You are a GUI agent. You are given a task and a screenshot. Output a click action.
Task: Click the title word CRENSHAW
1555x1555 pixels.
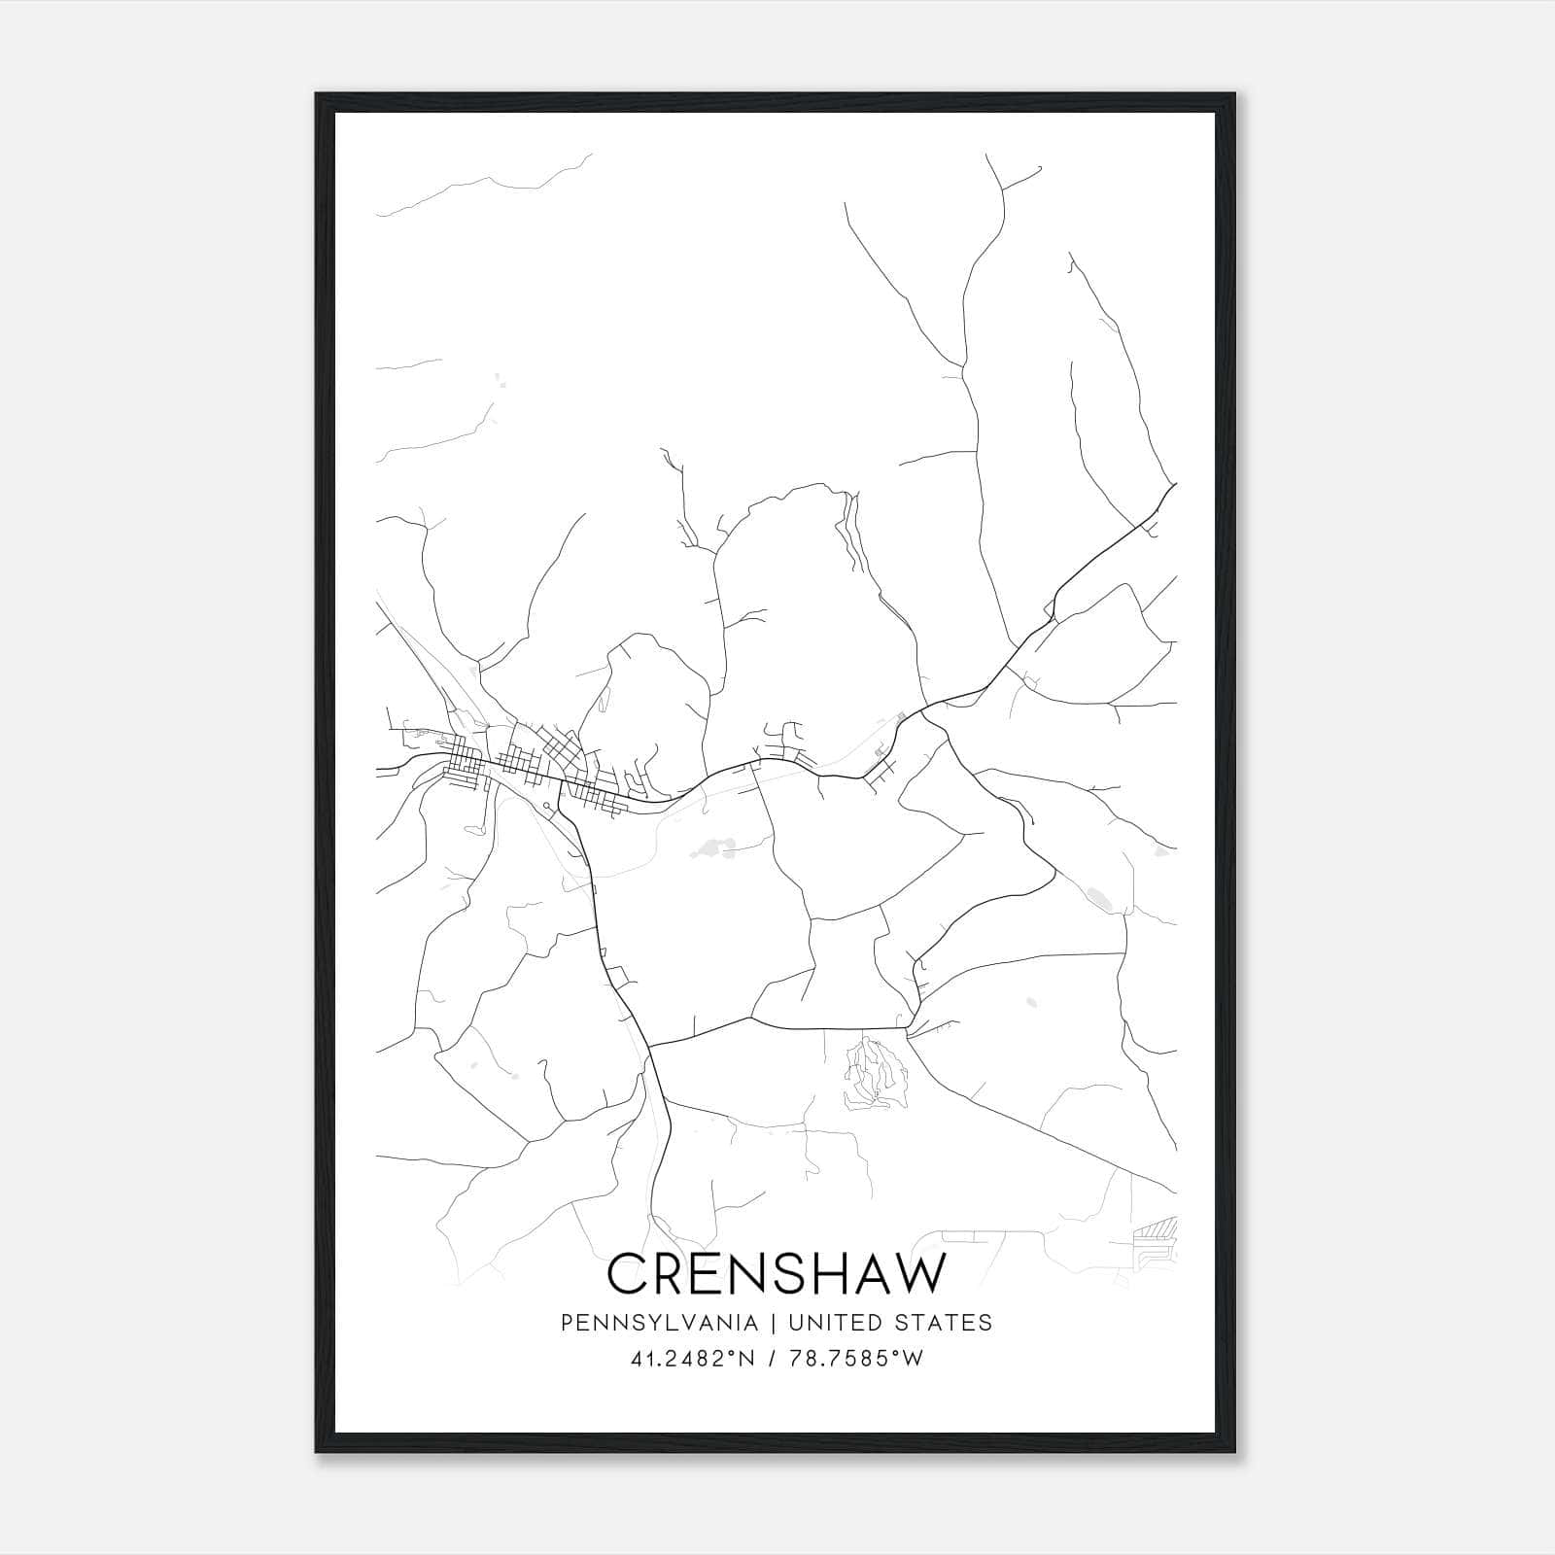coord(776,1274)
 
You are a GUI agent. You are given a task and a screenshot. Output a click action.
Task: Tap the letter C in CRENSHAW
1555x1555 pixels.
coord(627,1274)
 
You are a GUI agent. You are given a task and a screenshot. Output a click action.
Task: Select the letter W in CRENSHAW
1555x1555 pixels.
coord(916,1274)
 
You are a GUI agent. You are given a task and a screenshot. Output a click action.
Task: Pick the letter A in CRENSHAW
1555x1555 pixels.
coord(868,1274)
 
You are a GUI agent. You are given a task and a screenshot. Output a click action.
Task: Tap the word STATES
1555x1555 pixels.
coord(945,1323)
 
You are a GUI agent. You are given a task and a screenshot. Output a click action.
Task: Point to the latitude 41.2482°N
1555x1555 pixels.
coord(692,1360)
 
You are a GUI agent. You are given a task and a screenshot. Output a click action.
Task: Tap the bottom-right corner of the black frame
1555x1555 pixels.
coord(1235,1452)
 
